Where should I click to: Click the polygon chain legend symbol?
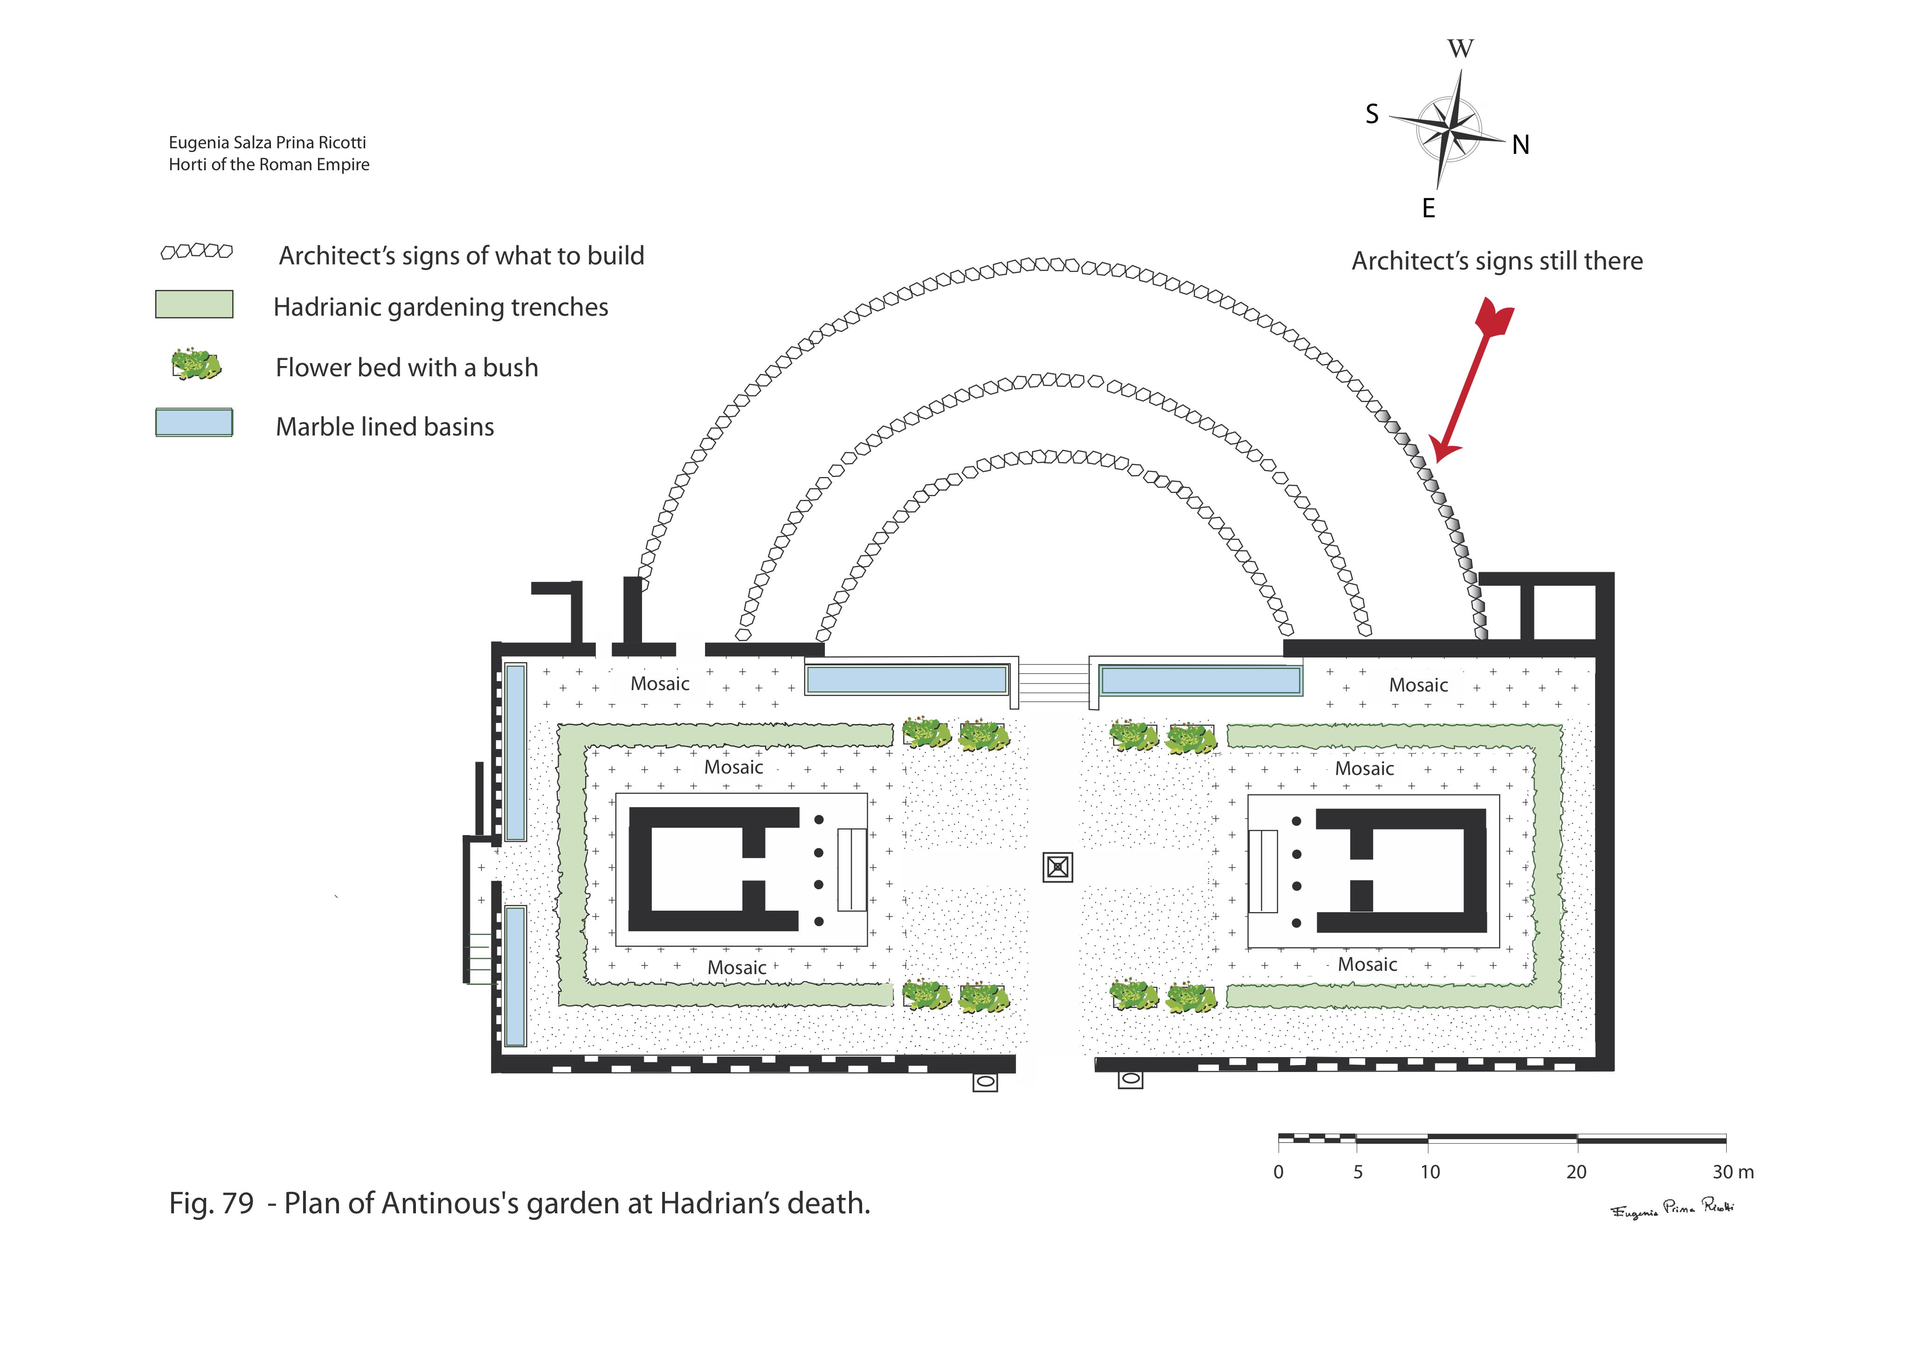(x=196, y=251)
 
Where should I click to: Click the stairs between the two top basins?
(x=1053, y=682)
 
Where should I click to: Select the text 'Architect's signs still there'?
(x=1497, y=261)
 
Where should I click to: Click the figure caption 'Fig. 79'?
(x=211, y=1203)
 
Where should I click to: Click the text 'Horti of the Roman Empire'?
(x=269, y=165)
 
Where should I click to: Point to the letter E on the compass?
(x=1429, y=208)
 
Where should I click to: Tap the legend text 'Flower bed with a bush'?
(x=407, y=367)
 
